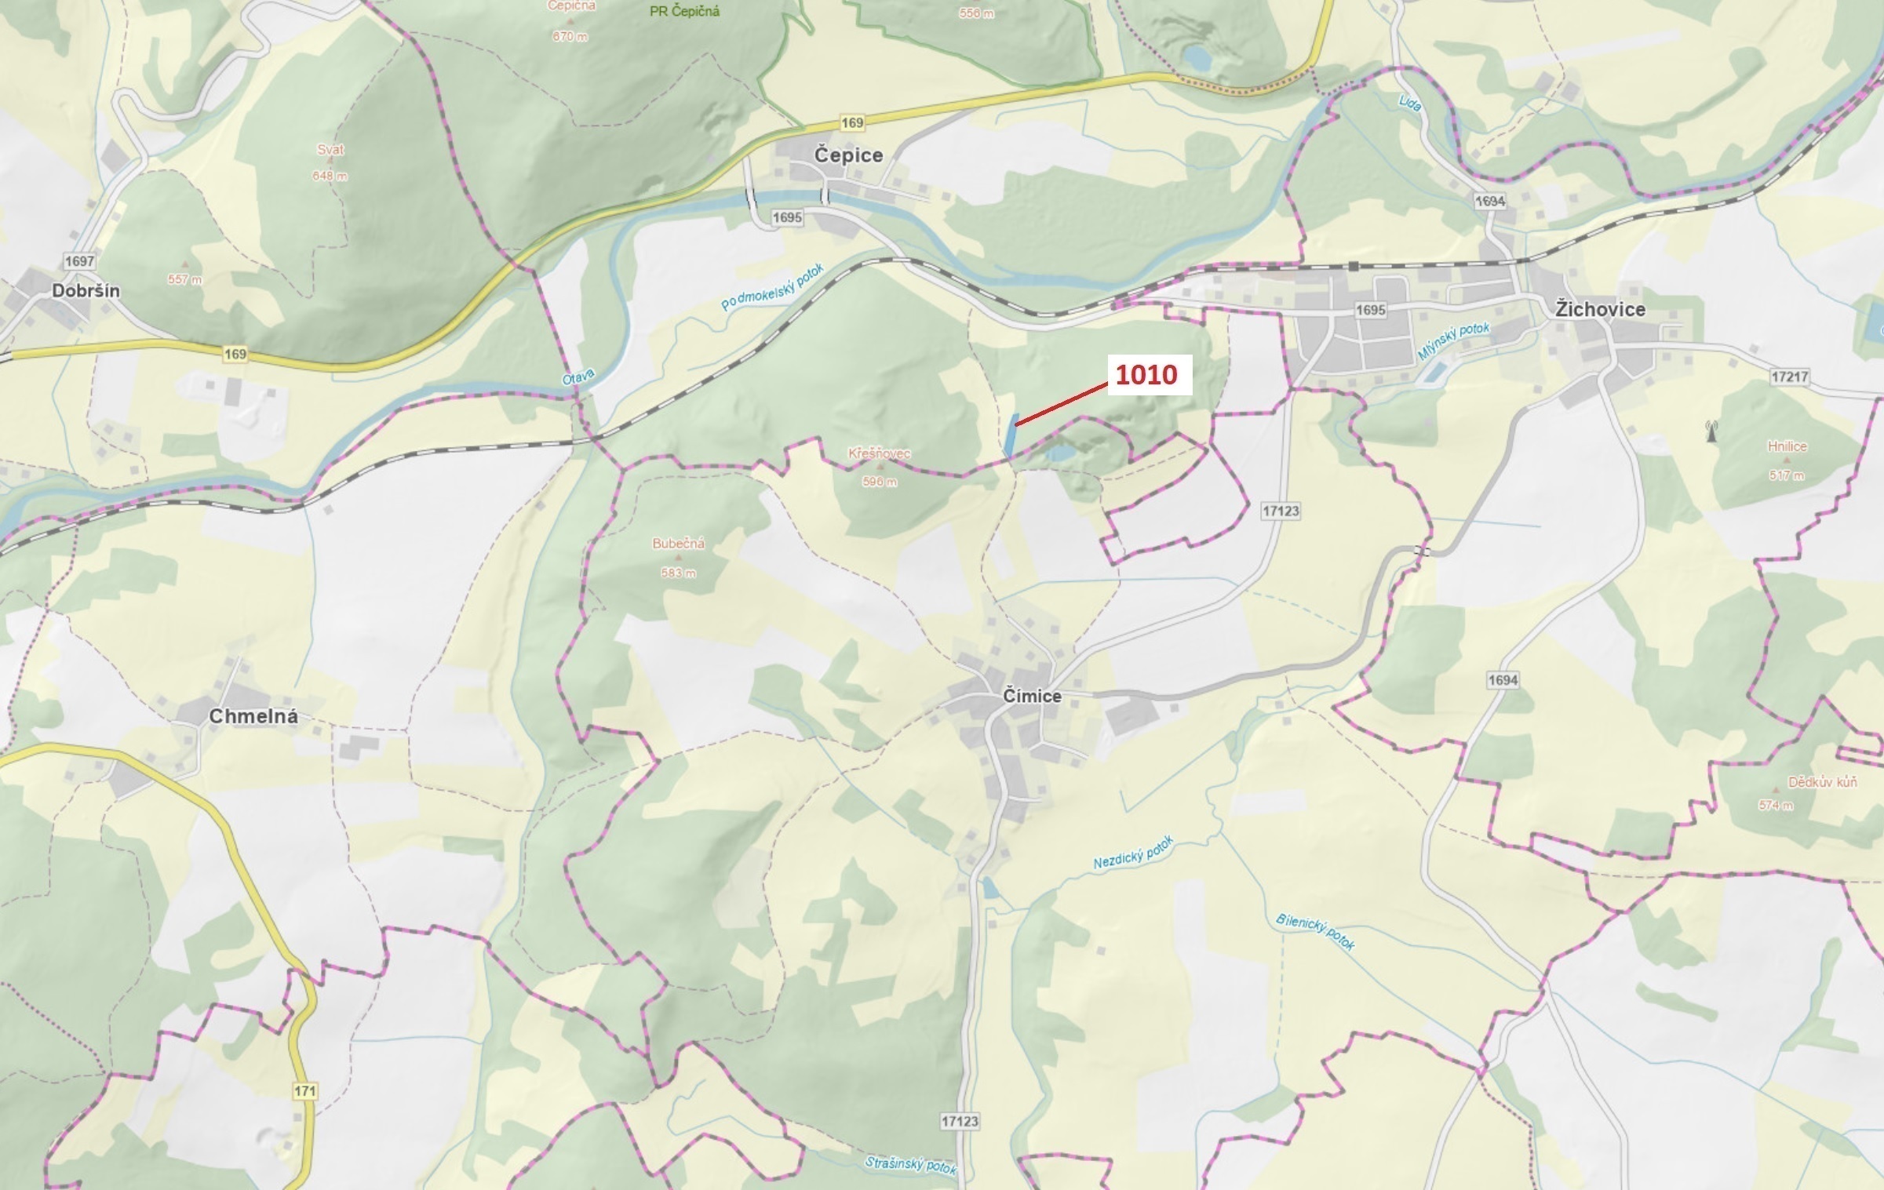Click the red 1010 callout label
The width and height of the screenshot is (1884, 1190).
(x=1146, y=375)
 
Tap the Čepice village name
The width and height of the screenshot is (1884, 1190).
(x=847, y=155)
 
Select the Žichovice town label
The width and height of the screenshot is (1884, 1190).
(x=1600, y=310)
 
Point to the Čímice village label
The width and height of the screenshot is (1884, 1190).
(x=1032, y=697)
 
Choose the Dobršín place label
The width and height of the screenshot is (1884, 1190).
(x=86, y=291)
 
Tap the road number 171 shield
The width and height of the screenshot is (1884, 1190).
(x=304, y=1091)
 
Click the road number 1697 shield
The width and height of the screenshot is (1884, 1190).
(x=79, y=261)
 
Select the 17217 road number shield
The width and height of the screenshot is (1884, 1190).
(x=1789, y=377)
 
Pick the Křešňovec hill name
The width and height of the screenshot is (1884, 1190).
(x=879, y=454)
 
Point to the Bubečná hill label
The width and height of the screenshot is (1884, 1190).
(x=678, y=544)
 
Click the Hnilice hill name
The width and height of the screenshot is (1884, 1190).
(x=1787, y=447)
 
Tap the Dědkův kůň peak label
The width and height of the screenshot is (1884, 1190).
(x=1822, y=782)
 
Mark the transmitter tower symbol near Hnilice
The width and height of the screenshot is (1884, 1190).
(x=1711, y=431)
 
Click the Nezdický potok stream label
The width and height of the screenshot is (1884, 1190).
(x=1133, y=853)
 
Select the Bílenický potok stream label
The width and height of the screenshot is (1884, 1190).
(x=1315, y=932)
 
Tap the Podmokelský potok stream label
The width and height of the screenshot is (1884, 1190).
(x=772, y=287)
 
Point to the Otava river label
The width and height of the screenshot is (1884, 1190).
(x=578, y=378)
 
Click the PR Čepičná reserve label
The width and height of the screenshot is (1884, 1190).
(x=684, y=12)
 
